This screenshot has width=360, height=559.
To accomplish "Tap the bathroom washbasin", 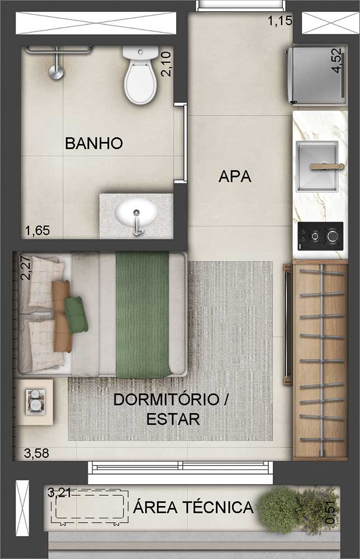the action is pos(136,214).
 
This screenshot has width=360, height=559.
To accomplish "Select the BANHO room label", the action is pos(94,143).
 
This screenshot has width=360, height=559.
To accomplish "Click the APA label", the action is pos(235,177).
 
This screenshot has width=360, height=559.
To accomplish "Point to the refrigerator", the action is pos(316,74).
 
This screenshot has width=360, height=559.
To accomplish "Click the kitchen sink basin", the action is pos(317,166).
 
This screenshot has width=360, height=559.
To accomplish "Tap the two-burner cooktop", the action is pos(320,236).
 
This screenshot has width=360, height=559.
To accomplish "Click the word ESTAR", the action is pos(173,419).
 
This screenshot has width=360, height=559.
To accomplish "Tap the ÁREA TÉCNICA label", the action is pos(193,507).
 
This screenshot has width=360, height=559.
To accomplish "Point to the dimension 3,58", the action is pos(36,453).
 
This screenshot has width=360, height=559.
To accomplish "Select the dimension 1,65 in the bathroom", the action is pos(37,231).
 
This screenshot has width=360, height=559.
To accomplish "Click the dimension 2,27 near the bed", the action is pos(26,268).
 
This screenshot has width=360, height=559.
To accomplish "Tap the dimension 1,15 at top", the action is pos(280,21).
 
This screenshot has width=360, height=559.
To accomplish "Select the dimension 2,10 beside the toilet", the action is pos(166,64).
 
